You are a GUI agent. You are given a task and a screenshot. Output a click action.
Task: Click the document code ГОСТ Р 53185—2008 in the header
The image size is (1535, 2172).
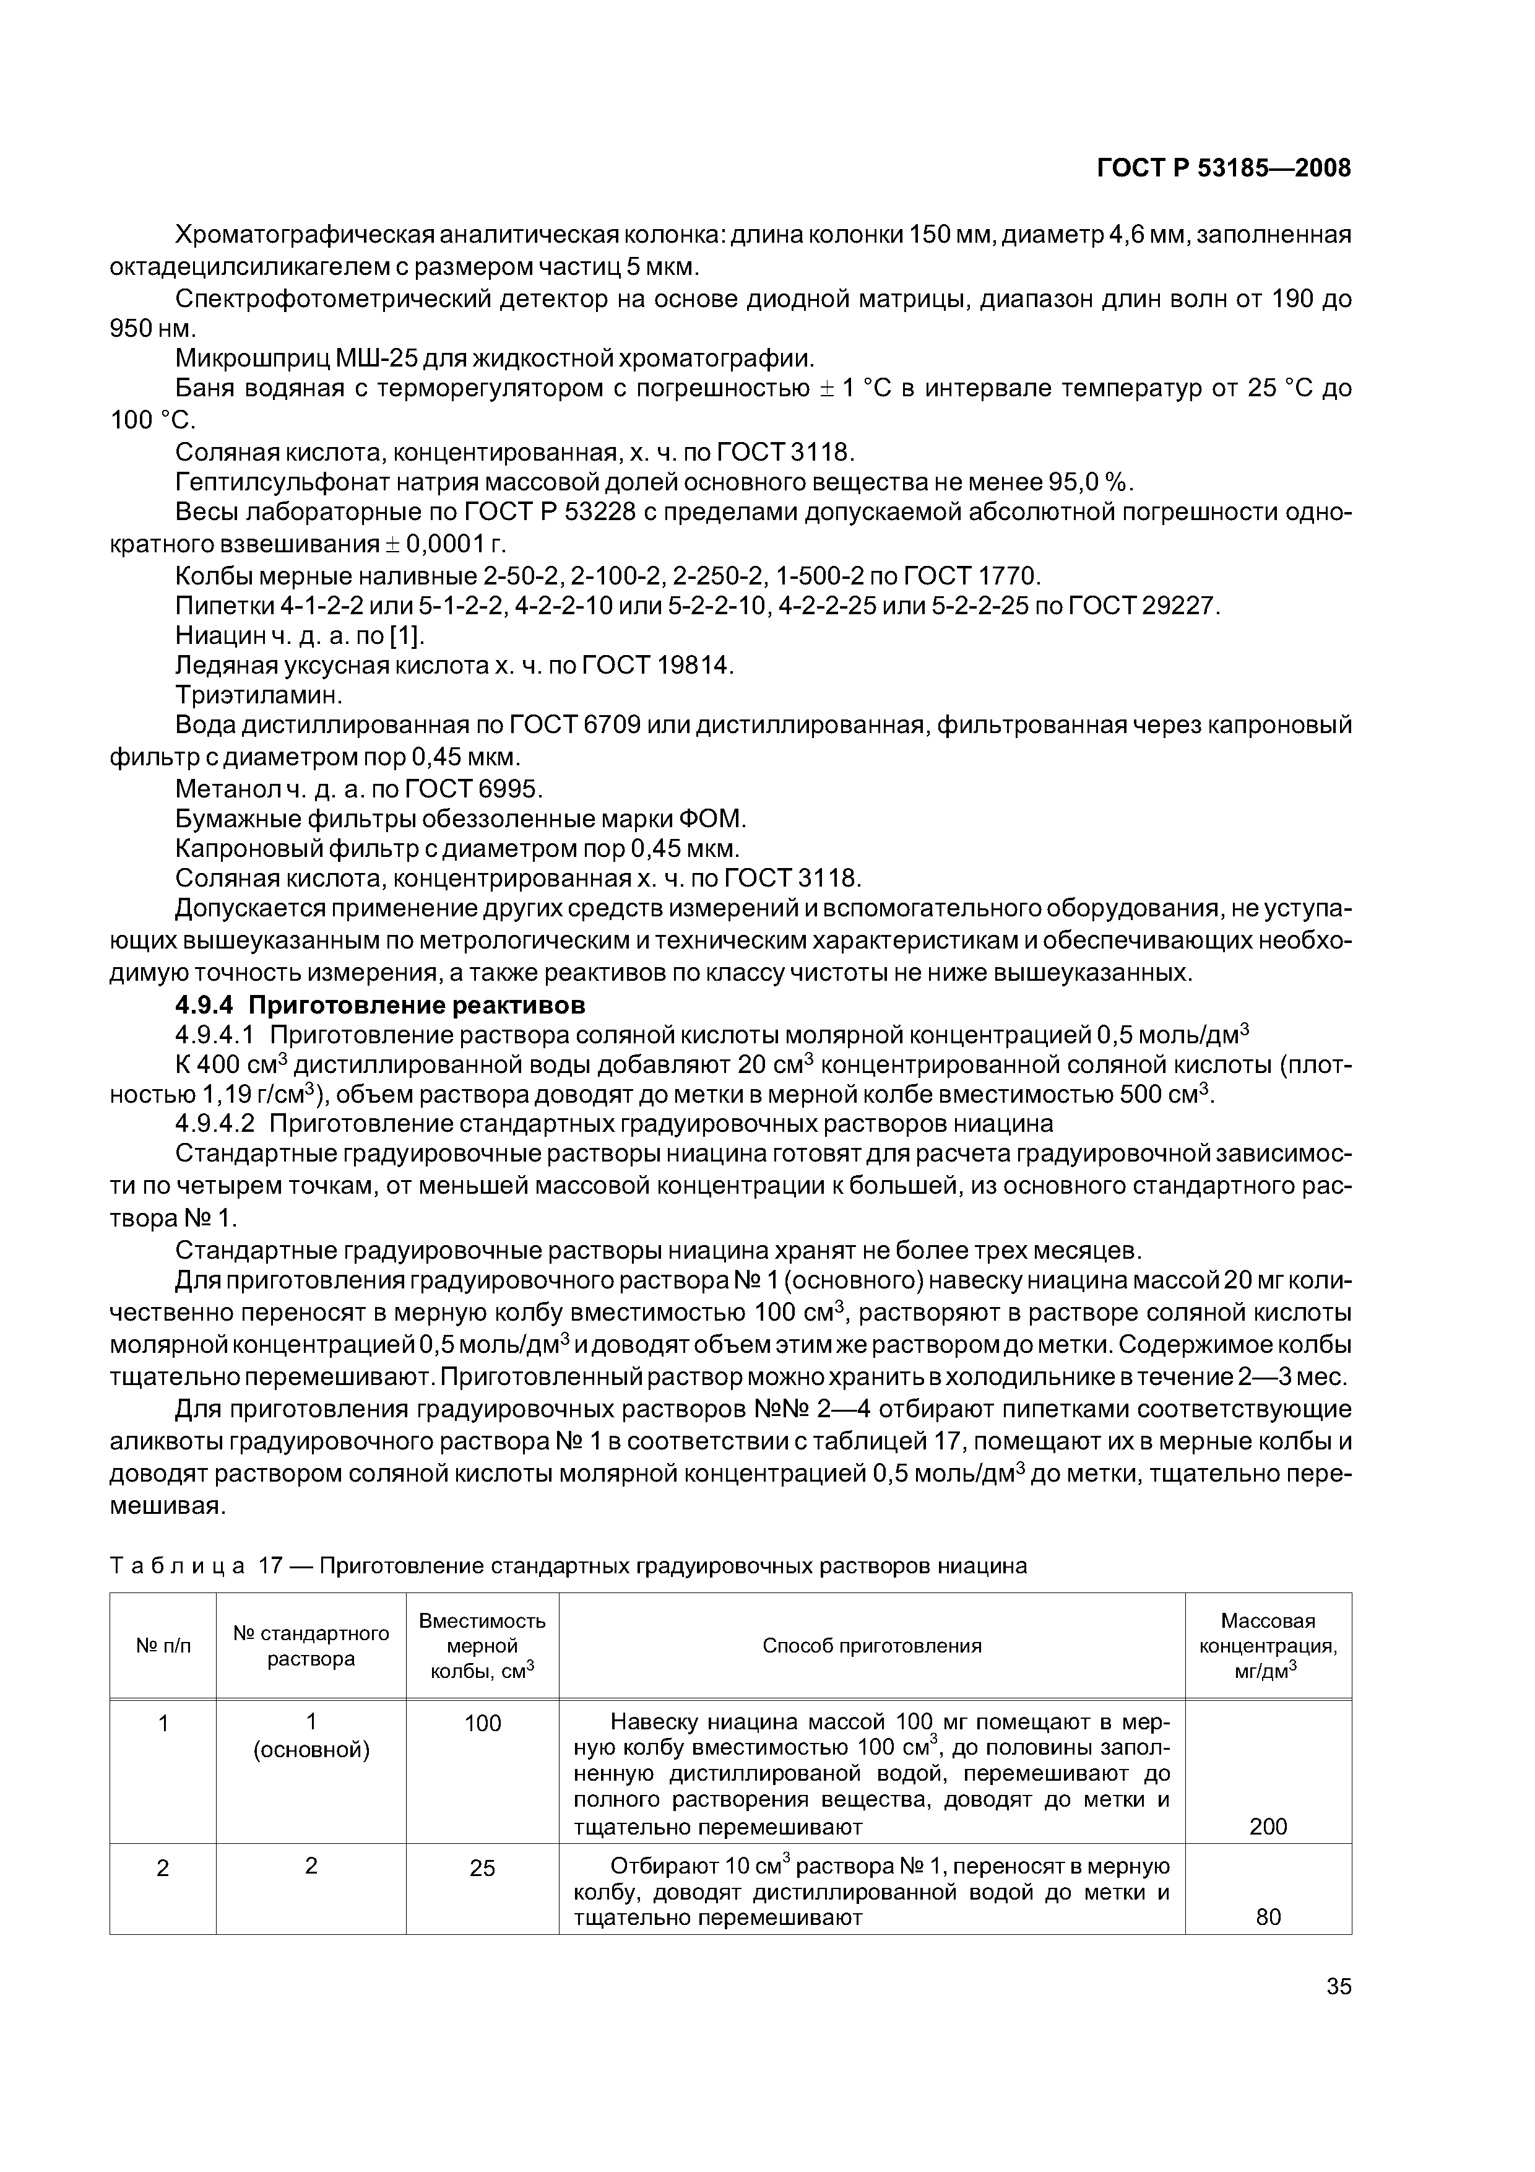pyautogui.click(x=1223, y=168)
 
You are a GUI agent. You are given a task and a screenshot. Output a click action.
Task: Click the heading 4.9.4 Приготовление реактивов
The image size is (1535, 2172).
pyautogui.click(x=380, y=1003)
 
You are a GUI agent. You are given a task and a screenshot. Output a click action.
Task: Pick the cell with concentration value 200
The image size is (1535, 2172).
pyautogui.click(x=1268, y=1827)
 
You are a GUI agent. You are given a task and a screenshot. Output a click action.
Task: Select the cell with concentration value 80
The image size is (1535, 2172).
pyautogui.click(x=1268, y=1916)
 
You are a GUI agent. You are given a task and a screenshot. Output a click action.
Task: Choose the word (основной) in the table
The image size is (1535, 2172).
pyautogui.click(x=311, y=1750)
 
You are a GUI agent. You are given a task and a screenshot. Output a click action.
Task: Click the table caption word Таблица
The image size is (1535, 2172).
pyautogui.click(x=178, y=1566)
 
